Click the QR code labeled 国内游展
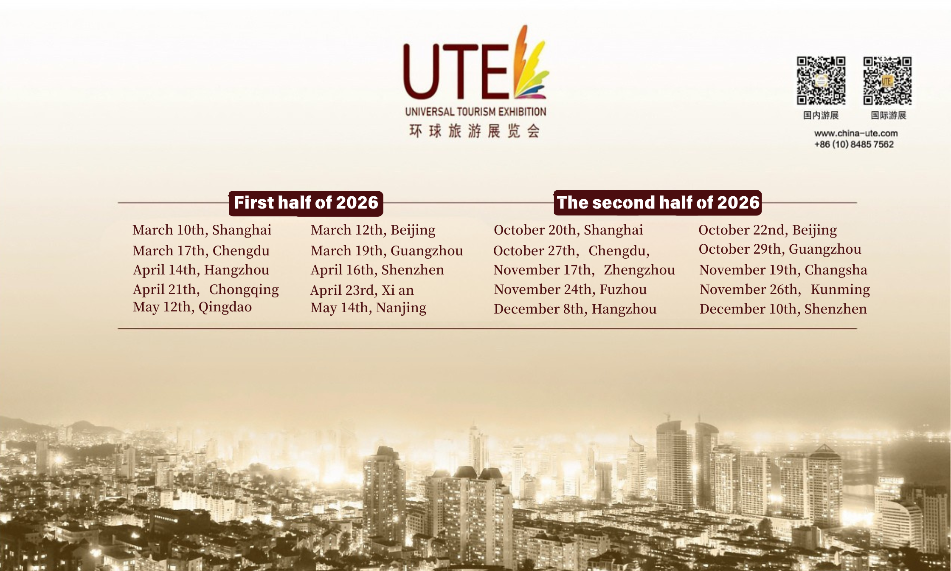821,81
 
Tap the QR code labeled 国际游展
887,81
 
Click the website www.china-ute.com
856,133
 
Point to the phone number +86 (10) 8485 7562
854,144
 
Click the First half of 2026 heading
306,203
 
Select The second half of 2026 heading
658,203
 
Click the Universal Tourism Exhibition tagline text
475,112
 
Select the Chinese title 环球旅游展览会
475,131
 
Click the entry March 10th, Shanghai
202,230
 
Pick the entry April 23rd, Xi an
362,291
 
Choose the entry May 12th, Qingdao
192,307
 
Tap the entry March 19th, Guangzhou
387,251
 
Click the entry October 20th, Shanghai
568,230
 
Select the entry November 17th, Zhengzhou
584,270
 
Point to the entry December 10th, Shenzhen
783,309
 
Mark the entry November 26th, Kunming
785,290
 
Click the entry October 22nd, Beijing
768,230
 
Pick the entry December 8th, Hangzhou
575,309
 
